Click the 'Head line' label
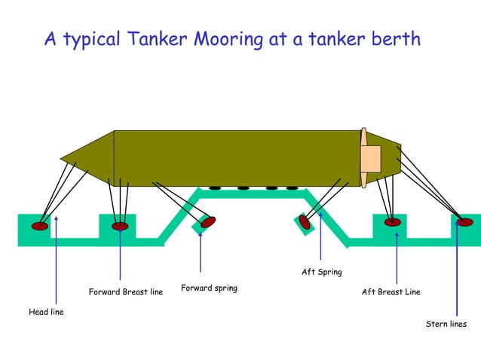(x=46, y=313)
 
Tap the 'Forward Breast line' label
(x=126, y=291)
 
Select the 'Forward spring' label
(x=209, y=288)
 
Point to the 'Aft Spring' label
(x=322, y=272)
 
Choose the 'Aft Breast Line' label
(x=391, y=291)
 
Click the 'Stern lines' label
(x=446, y=324)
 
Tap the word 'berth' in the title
(x=394, y=38)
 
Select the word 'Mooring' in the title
(x=229, y=39)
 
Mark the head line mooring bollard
(x=40, y=226)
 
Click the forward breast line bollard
(x=120, y=226)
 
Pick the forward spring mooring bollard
(x=208, y=222)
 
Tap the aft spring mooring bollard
(x=305, y=222)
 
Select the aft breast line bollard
(x=392, y=222)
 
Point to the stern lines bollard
(x=465, y=222)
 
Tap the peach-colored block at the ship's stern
(x=371, y=157)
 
